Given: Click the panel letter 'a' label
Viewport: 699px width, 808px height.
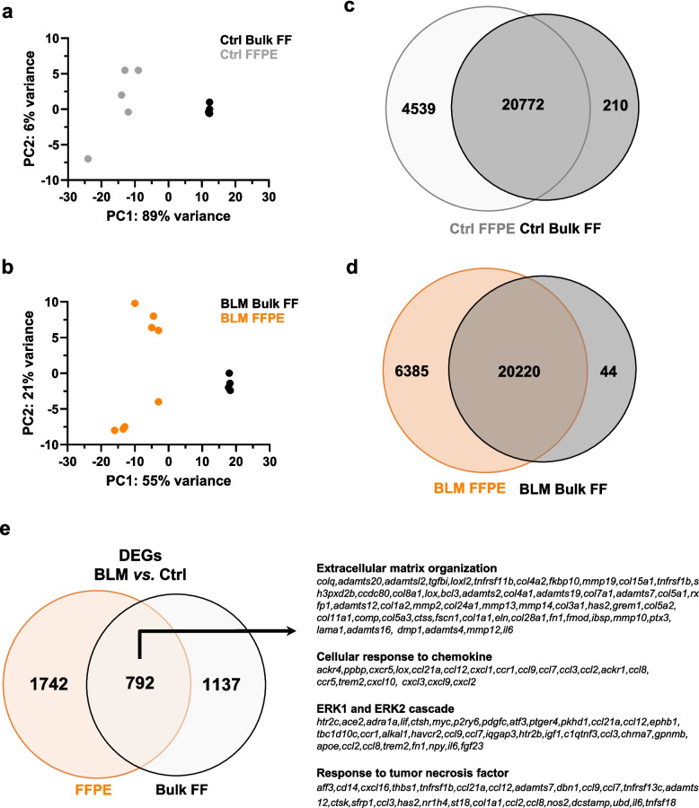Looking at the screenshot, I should click(x=12, y=14).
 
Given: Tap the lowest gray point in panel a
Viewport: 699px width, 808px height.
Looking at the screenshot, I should click(x=88, y=159).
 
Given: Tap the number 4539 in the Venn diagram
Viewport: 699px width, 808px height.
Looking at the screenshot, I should click(x=388, y=111).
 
